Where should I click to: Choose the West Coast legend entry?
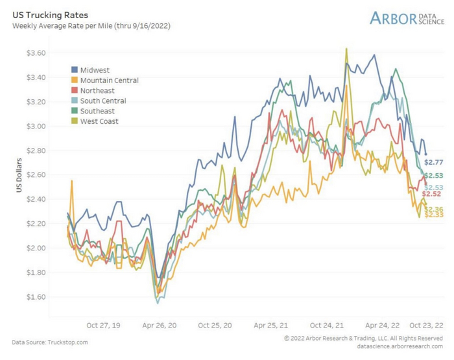pos(99,121)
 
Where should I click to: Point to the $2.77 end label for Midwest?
pos(434,162)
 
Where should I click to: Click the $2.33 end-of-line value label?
pos(434,215)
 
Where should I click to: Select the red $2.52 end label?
pos(431,194)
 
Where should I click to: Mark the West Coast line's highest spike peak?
pos(346,49)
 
